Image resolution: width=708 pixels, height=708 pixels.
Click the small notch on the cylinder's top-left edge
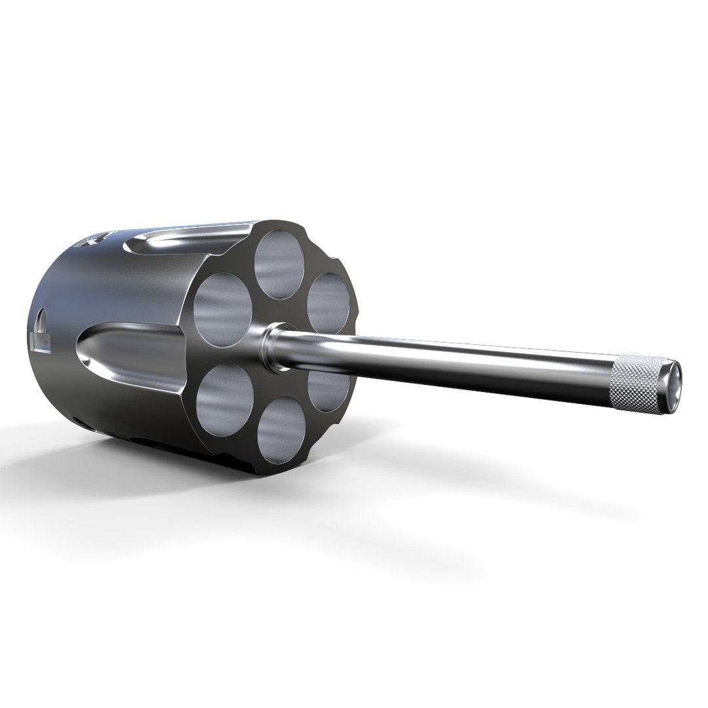pyautogui.click(x=92, y=239)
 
